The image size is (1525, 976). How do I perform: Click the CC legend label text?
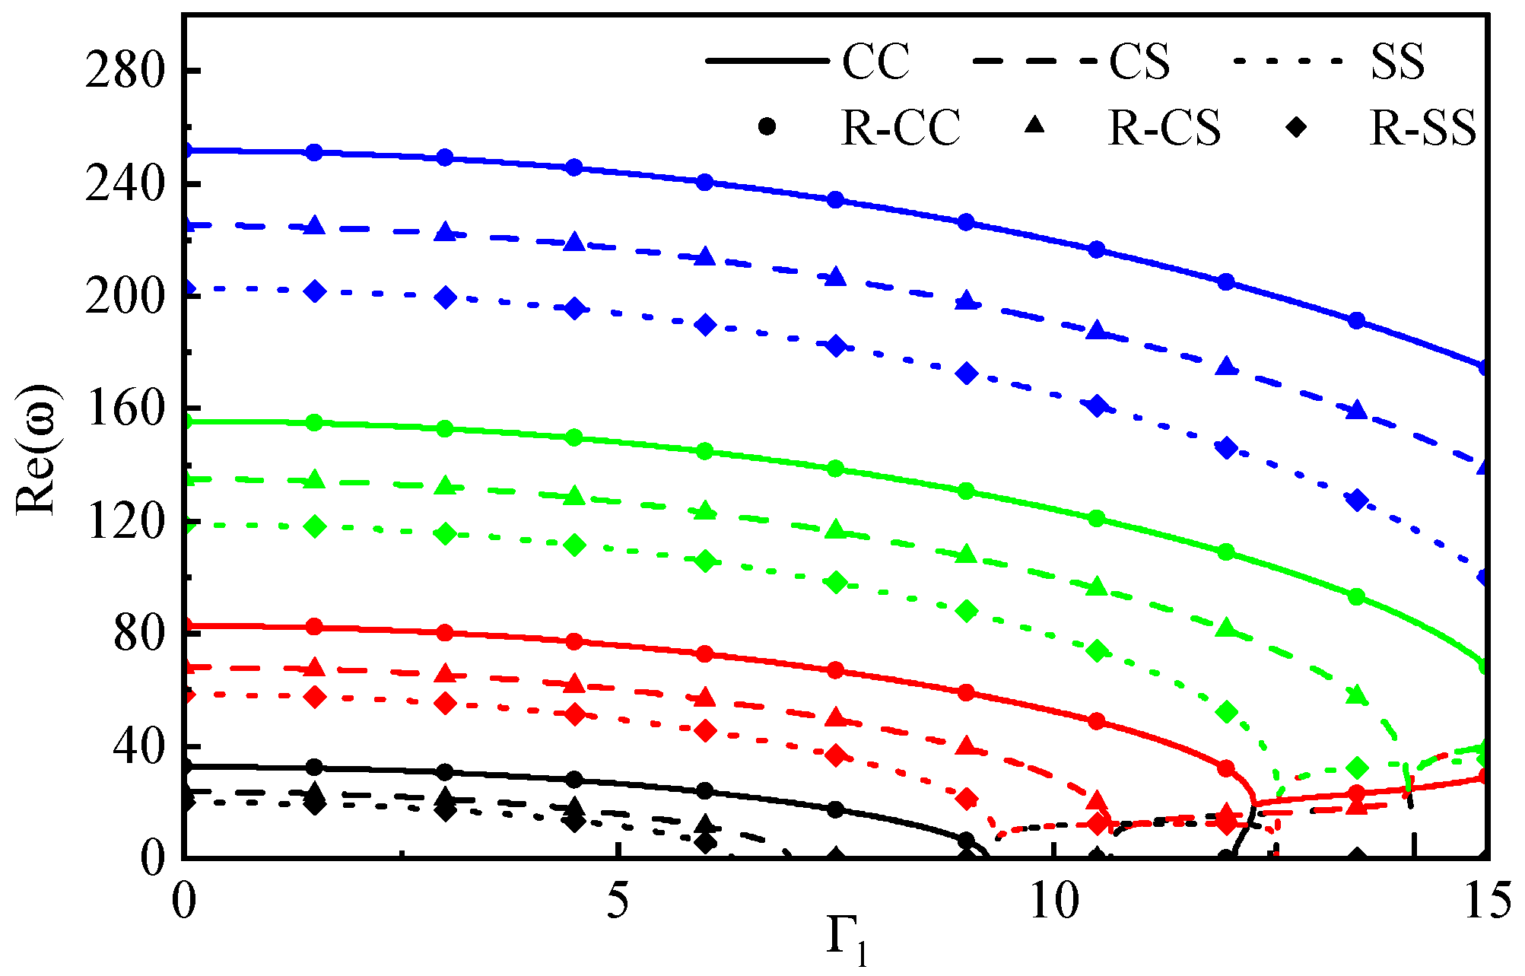[x=875, y=61]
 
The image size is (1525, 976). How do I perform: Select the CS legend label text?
[x=1139, y=61]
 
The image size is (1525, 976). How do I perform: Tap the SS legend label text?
[x=1398, y=61]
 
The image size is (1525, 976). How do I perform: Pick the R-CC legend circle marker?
[x=768, y=127]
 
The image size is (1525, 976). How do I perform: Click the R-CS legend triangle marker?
[x=1034, y=126]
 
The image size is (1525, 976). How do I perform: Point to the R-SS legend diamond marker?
[x=1296, y=127]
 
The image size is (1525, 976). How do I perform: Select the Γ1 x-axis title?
[x=846, y=942]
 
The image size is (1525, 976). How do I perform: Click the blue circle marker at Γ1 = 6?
[x=705, y=183]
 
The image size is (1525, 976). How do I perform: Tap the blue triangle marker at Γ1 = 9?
[x=966, y=301]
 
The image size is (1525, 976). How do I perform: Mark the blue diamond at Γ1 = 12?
[x=1226, y=447]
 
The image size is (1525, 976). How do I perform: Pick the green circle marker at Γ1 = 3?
[x=446, y=428]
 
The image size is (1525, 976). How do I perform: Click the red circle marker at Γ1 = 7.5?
[x=835, y=670]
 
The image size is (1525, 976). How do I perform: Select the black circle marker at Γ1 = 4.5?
[x=575, y=779]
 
